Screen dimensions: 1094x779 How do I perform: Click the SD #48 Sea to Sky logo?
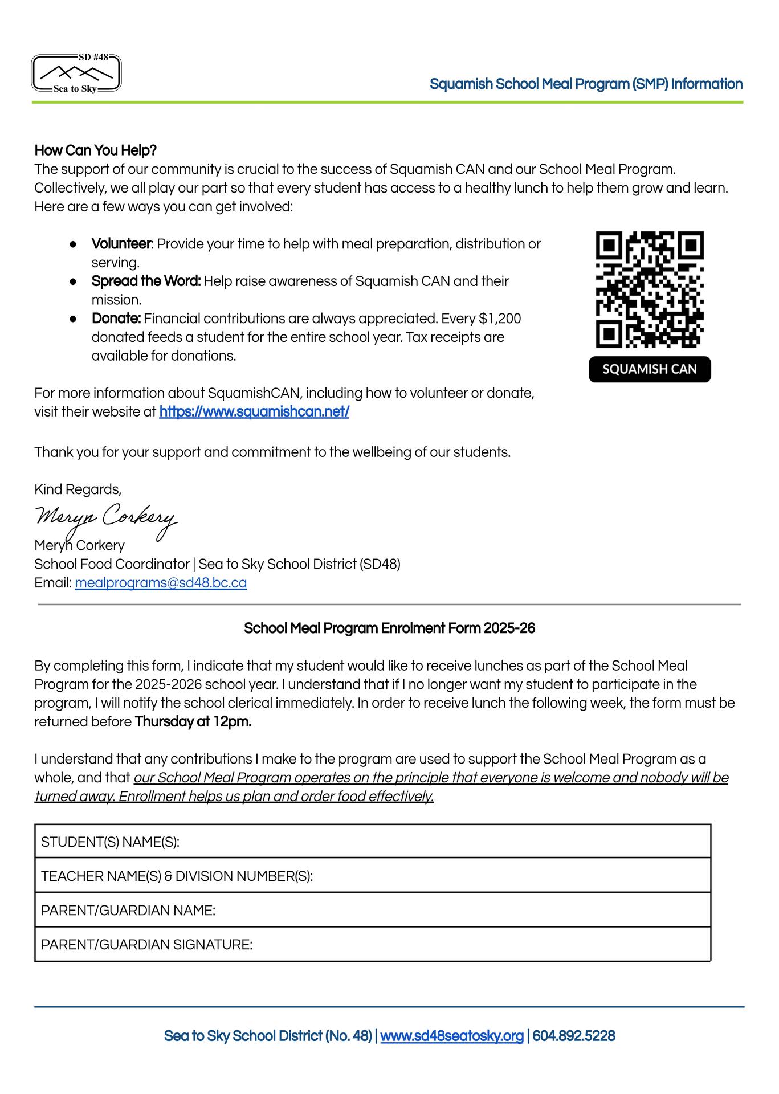tap(76, 74)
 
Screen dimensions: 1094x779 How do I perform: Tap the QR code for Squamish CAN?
tap(650, 289)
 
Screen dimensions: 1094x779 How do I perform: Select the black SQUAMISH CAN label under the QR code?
tap(650, 369)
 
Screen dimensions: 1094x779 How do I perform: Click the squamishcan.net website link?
tap(254, 412)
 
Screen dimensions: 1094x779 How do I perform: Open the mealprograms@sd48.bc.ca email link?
tap(161, 583)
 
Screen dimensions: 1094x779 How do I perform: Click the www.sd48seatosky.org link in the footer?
tap(451, 1036)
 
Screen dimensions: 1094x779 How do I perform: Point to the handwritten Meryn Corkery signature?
tap(106, 518)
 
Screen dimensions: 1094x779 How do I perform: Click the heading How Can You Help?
tap(95, 150)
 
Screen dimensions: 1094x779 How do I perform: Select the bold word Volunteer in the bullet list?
tap(121, 244)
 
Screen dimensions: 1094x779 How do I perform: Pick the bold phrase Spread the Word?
tap(146, 281)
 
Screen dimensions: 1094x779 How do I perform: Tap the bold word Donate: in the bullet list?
tap(116, 319)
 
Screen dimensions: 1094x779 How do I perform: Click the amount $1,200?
tap(500, 319)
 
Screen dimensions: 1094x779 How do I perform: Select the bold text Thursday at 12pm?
tap(193, 722)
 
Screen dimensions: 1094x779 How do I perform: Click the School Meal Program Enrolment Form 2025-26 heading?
tap(389, 628)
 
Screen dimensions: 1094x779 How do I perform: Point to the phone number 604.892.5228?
tap(573, 1036)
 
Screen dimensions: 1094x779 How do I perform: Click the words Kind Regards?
tap(78, 489)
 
